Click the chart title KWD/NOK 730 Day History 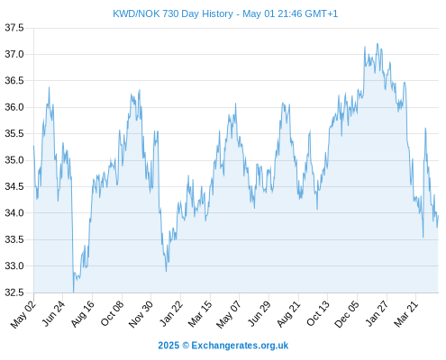[173, 13]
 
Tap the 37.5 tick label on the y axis [14, 28]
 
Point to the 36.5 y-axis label [14, 81]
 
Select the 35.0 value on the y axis [14, 160]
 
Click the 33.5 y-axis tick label [14, 239]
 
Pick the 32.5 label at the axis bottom [14, 292]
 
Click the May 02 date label [23, 314]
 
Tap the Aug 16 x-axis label [83, 313]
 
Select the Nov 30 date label [141, 313]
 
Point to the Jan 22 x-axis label [171, 313]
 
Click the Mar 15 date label [201, 313]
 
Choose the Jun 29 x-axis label [259, 313]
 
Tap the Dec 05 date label [347, 314]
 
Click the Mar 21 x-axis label [406, 313]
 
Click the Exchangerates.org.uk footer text [240, 346]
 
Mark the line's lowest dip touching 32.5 [73, 292]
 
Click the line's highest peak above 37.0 [378, 44]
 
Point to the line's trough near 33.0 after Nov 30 [166, 271]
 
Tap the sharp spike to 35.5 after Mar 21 [425, 129]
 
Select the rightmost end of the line [438, 216]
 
